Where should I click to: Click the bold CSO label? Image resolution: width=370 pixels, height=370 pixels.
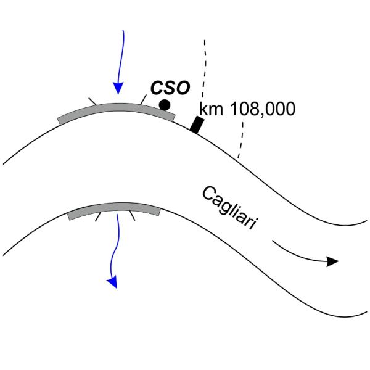pyautogui.click(x=170, y=88)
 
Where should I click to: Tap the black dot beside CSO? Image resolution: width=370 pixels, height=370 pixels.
pyautogui.click(x=164, y=105)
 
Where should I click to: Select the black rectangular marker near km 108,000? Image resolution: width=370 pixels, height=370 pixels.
pyautogui.click(x=197, y=125)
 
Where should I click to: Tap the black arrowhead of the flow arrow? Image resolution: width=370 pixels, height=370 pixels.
pyautogui.click(x=333, y=261)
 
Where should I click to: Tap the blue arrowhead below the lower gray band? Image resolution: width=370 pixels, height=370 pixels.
pyautogui.click(x=113, y=282)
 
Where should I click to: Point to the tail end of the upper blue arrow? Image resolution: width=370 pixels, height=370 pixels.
pyautogui.click(x=126, y=31)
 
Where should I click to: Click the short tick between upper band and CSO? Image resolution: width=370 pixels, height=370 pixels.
pyautogui.click(x=142, y=98)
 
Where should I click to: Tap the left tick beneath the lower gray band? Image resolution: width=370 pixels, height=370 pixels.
pyautogui.click(x=97, y=216)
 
